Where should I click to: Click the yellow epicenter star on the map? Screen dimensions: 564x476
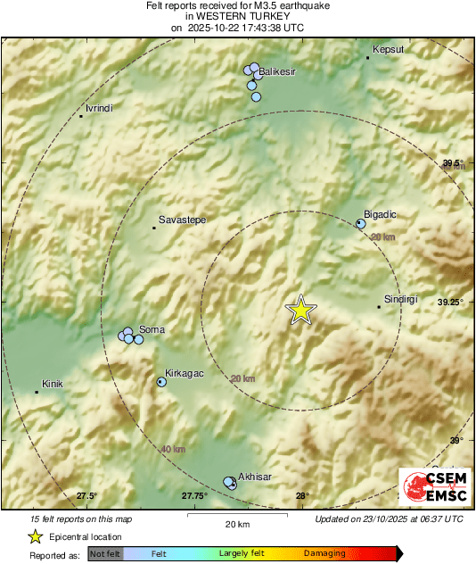click(301, 309)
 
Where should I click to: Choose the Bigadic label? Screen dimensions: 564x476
click(381, 214)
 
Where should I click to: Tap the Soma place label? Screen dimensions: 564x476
click(152, 330)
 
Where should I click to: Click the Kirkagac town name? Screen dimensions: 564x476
click(185, 374)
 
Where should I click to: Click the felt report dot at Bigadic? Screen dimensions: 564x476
click(361, 224)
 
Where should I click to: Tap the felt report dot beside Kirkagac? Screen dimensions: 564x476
click(161, 382)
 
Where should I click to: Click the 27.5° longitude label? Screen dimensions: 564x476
click(86, 496)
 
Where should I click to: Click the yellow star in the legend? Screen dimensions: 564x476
click(35, 536)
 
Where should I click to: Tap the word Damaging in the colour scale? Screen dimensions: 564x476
click(324, 554)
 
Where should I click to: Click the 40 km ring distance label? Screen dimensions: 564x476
click(173, 449)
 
